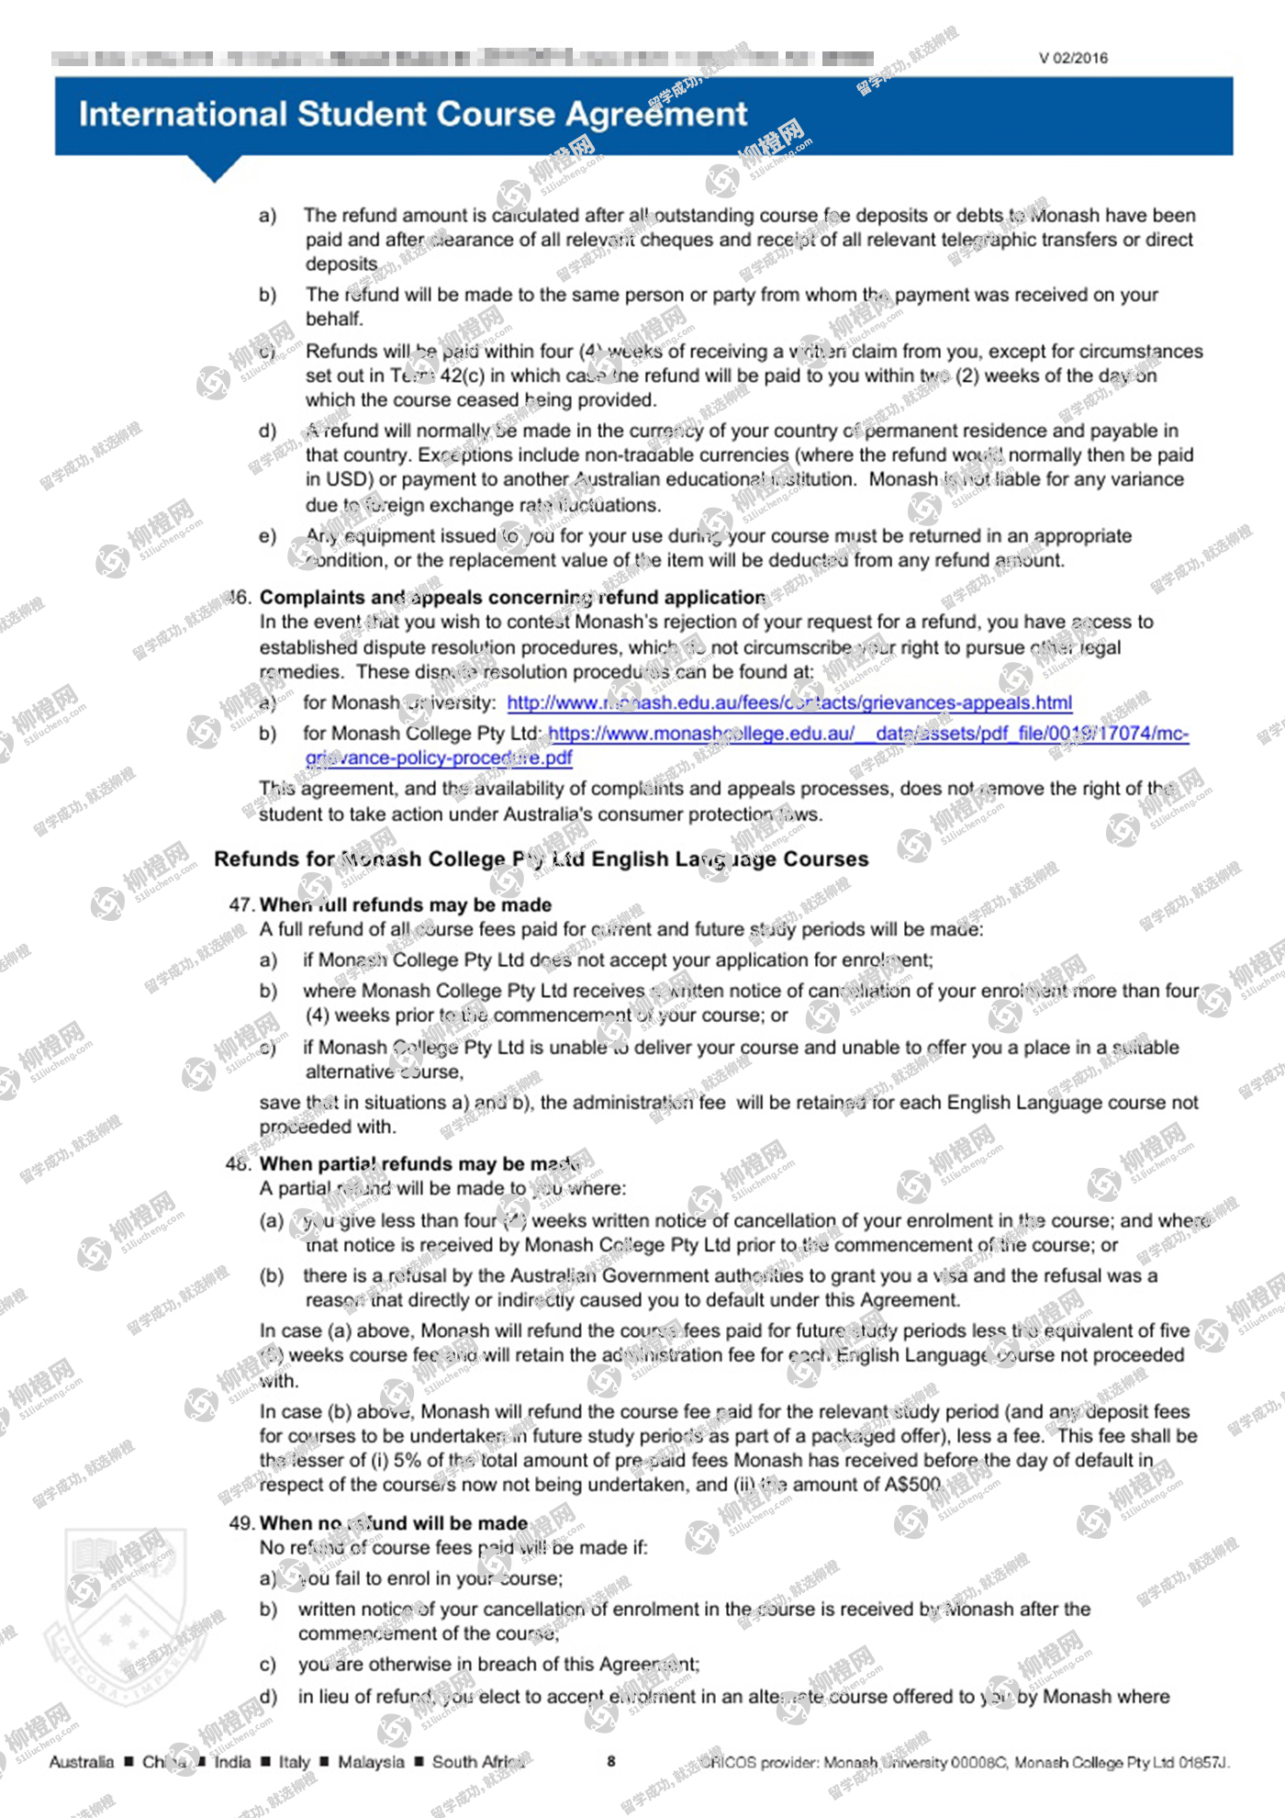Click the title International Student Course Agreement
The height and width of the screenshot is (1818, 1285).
pyautogui.click(x=413, y=114)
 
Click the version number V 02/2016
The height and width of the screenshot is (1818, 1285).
pyautogui.click(x=1073, y=58)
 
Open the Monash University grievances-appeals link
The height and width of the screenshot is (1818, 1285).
pyautogui.click(x=789, y=702)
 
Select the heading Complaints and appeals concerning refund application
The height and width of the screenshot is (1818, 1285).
pyautogui.click(x=512, y=597)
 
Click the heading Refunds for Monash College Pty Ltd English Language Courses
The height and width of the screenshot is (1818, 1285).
pyautogui.click(x=541, y=858)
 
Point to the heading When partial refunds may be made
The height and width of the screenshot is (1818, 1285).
pyautogui.click(x=419, y=1163)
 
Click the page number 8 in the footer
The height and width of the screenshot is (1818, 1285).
pyautogui.click(x=611, y=1761)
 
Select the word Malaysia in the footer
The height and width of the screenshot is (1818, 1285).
pyautogui.click(x=371, y=1761)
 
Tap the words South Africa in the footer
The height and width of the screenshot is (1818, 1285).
pyautogui.click(x=478, y=1761)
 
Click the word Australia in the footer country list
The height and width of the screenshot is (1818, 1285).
pyautogui.click(x=82, y=1761)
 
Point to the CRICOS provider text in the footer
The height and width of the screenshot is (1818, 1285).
pyautogui.click(x=964, y=1762)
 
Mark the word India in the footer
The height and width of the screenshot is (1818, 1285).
pyautogui.click(x=232, y=1761)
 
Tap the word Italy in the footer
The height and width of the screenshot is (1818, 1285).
pyautogui.click(x=295, y=1761)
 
